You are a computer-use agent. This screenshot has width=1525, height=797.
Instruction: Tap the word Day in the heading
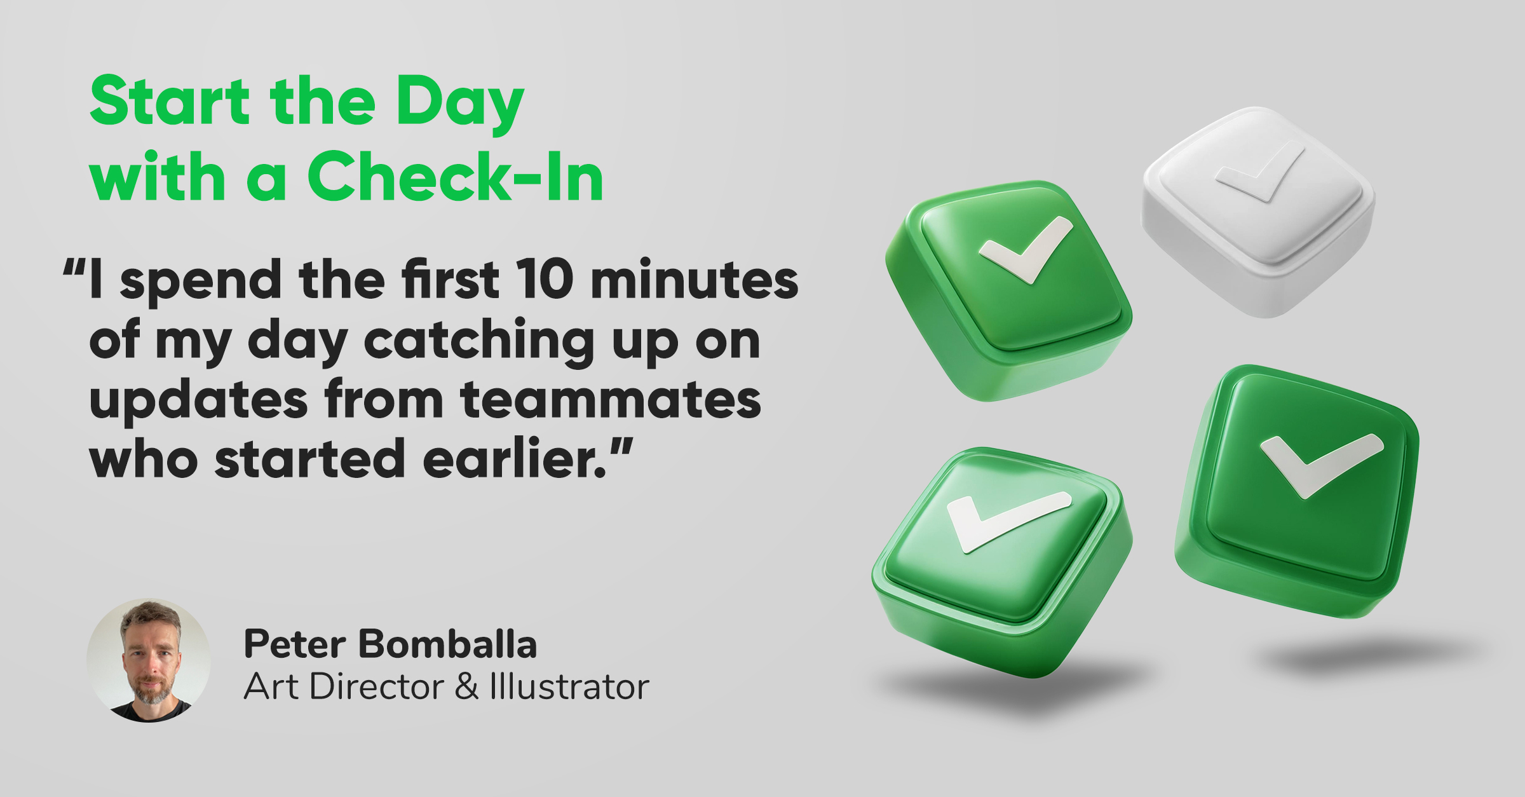point(460,106)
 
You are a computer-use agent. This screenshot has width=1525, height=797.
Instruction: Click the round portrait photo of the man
point(149,660)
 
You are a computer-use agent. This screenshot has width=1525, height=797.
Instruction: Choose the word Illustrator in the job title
point(569,686)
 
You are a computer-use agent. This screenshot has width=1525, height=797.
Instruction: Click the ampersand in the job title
point(466,686)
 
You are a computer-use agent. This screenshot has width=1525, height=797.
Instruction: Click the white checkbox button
point(1258,212)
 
